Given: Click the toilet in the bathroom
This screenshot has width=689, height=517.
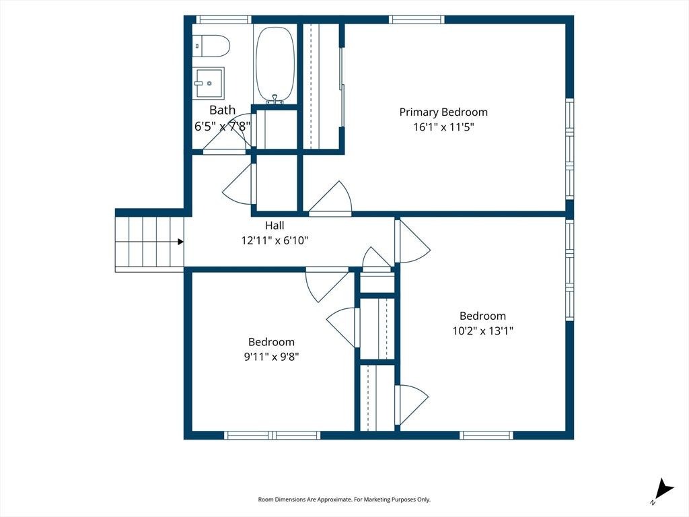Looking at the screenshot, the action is (211, 46).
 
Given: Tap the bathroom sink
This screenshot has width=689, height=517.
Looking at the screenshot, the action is (210, 82).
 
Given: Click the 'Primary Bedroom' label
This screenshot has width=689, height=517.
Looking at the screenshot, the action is (443, 112).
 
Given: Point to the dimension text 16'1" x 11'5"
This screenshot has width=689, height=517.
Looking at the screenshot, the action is (443, 127).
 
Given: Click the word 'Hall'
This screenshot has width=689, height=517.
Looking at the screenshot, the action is (275, 226).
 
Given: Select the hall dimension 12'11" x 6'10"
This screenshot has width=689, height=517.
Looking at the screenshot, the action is (275, 240).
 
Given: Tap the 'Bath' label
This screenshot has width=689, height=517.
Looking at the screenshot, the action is (222, 110).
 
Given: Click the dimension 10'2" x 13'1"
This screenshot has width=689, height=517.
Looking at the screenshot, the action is (483, 331).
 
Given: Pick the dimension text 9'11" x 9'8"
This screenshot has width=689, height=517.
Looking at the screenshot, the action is (272, 357).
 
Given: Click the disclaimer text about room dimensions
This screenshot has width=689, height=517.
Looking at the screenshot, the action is (344, 499).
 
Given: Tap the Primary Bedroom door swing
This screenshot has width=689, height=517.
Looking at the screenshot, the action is (330, 198).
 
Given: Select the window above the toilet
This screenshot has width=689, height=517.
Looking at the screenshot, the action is (223, 20).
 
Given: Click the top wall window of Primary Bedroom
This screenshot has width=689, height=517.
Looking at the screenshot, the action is (416, 20).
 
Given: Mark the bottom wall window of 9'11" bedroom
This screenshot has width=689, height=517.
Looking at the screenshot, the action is (273, 436).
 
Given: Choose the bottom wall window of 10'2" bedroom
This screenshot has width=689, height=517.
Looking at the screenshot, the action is (486, 436).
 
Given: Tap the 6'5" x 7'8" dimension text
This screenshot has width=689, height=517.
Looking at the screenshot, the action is (222, 127).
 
